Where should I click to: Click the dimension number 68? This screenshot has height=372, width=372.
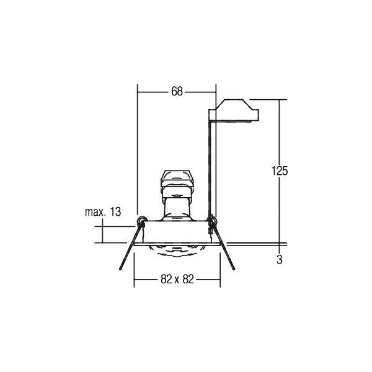coord(177,92)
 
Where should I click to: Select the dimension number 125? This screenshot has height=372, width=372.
coord(280,171)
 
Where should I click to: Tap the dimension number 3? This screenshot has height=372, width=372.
coord(280,260)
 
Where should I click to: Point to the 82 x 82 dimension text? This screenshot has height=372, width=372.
coord(177,279)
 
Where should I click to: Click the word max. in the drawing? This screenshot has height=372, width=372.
coord(95,212)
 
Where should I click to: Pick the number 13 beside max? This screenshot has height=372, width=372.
coord(115,212)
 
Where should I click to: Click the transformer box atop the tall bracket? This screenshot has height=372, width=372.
coord(234,110)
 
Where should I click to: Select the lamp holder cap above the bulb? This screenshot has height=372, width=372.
coord(177,179)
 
